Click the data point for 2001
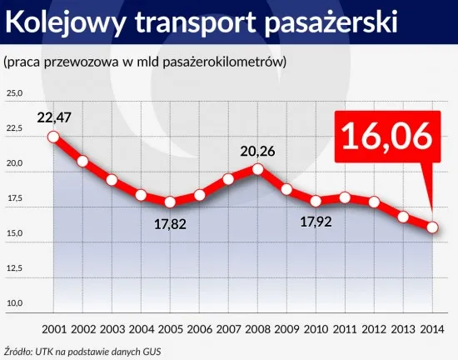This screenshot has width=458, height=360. (53, 137)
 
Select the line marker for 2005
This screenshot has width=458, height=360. (170, 202)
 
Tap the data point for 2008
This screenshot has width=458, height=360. (257, 169)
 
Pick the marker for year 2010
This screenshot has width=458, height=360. (316, 201)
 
